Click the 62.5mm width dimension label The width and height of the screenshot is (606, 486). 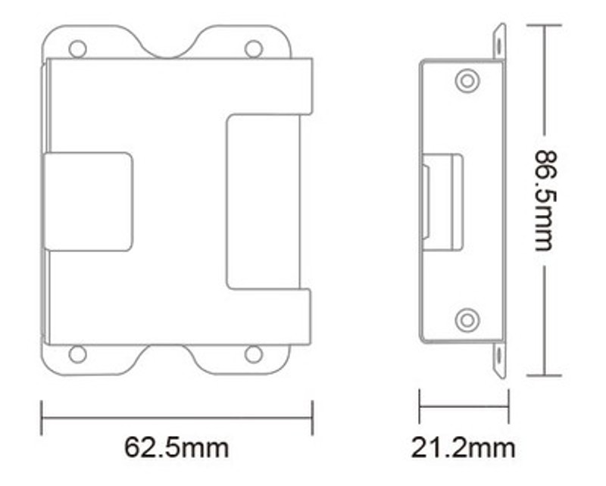pyautogui.click(x=176, y=447)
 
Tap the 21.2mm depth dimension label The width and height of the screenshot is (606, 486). pyautogui.click(x=463, y=447)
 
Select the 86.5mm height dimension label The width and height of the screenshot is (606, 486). pyautogui.click(x=545, y=201)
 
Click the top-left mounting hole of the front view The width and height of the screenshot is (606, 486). pyautogui.click(x=77, y=48)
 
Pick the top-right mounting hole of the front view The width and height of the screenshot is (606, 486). pyautogui.click(x=254, y=48)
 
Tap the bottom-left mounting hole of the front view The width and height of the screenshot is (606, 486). pyautogui.click(x=77, y=354)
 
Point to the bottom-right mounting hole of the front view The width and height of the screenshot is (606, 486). pyautogui.click(x=254, y=354)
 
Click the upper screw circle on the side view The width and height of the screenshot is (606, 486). pyautogui.click(x=467, y=81)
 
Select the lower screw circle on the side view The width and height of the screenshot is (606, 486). pyautogui.click(x=467, y=320)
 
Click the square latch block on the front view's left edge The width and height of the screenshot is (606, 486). pyautogui.click(x=89, y=201)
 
